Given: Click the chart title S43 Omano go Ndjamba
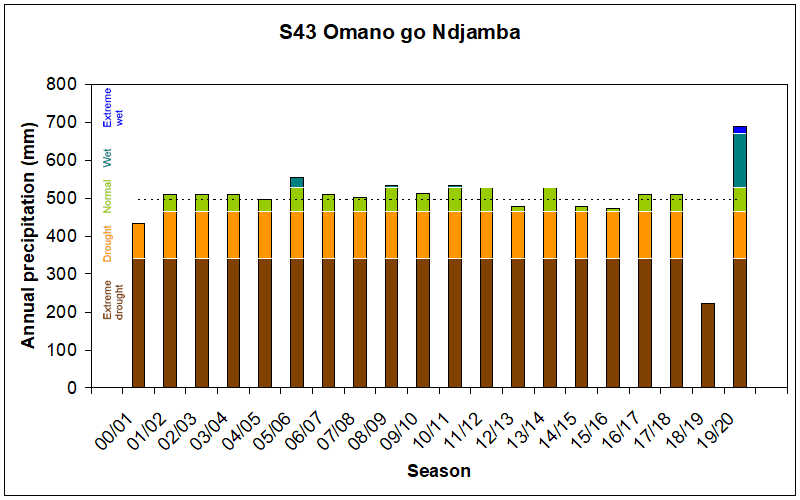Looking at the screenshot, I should [400, 33].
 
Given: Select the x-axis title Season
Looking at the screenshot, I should [439, 470].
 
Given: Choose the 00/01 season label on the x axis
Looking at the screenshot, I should [122, 418].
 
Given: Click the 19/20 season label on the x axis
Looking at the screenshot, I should [724, 418].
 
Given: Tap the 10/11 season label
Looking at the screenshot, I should [439, 418].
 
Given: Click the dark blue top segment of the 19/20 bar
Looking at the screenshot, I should [740, 129].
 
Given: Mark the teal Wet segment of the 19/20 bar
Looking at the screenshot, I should [740, 160].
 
